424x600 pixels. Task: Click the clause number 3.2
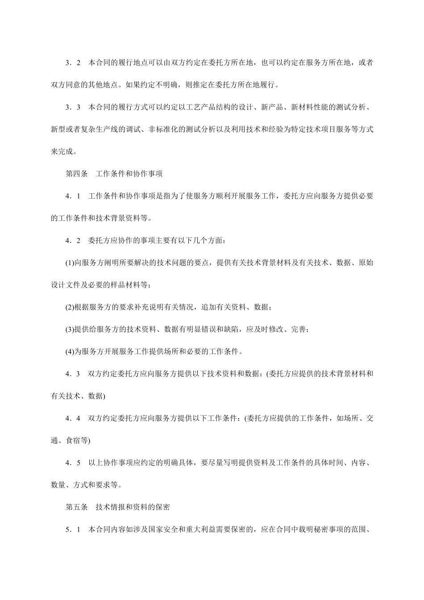tap(73, 63)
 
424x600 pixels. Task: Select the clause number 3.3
tap(73, 108)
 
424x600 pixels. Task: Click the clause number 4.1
tap(73, 196)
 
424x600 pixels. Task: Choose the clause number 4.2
tap(73, 241)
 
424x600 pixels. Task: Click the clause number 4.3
tap(73, 374)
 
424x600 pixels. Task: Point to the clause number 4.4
tap(73, 418)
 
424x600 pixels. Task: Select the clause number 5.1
tap(73, 530)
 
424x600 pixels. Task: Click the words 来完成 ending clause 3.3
tap(62, 152)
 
